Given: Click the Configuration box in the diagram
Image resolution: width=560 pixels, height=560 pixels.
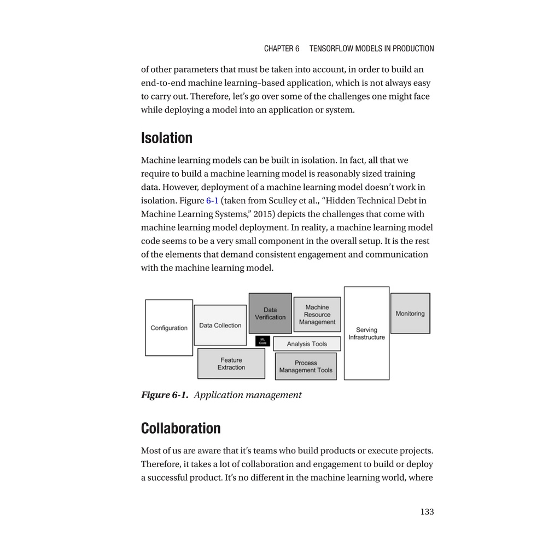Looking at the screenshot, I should [x=169, y=328].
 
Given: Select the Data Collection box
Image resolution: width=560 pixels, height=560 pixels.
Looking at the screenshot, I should [x=220, y=325].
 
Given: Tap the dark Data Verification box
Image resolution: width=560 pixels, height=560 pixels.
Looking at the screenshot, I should [x=270, y=313].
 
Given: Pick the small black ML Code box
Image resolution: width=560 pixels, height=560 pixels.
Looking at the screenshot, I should [x=262, y=341].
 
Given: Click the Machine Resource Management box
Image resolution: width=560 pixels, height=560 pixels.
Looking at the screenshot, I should [x=317, y=314].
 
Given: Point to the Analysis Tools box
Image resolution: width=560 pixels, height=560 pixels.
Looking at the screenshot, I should [x=307, y=344].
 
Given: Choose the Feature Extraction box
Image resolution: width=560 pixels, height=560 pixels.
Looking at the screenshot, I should [x=231, y=364].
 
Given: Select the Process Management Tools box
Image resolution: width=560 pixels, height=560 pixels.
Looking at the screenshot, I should [x=306, y=366].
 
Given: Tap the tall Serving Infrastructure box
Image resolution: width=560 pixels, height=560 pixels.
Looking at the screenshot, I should [x=366, y=333].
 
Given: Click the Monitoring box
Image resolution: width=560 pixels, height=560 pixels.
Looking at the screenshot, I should [x=410, y=313].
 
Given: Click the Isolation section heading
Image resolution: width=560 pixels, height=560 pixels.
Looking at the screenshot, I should [x=167, y=138].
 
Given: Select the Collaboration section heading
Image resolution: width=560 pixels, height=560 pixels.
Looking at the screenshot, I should [x=181, y=428].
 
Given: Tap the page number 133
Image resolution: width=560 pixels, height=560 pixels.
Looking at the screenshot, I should [x=427, y=512].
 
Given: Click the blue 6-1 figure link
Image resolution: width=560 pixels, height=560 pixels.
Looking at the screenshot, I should [x=212, y=201].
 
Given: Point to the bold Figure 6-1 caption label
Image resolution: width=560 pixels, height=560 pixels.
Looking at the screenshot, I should [x=165, y=395].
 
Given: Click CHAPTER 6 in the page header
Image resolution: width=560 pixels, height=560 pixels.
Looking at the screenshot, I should [x=282, y=49].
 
